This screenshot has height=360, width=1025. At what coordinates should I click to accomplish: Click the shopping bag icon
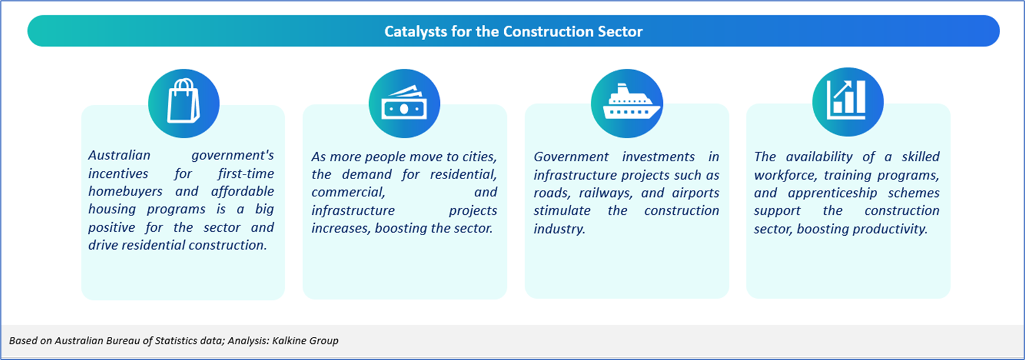(183, 101)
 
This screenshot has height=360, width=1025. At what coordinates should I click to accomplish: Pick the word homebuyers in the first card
(126, 192)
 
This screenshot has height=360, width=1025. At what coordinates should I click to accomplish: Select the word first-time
(245, 174)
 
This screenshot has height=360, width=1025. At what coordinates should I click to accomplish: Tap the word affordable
(242, 192)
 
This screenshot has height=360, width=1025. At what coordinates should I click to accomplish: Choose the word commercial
(348, 192)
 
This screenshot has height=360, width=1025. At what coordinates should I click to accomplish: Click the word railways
(606, 193)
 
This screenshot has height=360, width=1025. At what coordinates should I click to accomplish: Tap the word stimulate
(562, 211)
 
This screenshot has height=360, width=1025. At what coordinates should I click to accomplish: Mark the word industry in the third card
(559, 229)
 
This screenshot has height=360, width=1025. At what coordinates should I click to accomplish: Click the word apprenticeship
(832, 193)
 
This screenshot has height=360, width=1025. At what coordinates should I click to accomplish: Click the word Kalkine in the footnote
(288, 341)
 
